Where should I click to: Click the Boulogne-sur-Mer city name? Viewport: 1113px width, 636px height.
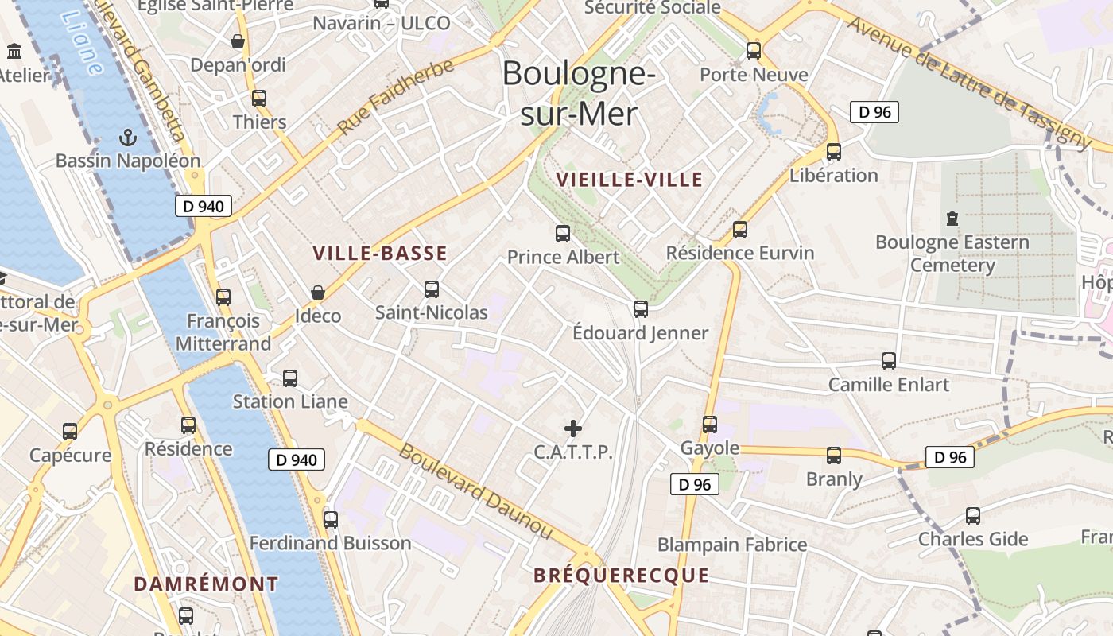[579, 94]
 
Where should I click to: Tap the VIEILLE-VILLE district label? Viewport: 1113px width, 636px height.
[630, 180]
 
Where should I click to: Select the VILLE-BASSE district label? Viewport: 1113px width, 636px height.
[380, 254]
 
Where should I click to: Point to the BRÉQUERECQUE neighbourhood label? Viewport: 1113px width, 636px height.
[621, 576]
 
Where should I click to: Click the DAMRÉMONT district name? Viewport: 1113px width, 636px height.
[206, 584]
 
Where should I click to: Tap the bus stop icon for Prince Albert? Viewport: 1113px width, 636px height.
[563, 234]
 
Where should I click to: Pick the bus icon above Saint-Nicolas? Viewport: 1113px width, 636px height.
[432, 289]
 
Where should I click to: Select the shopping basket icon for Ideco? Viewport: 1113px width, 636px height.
[318, 293]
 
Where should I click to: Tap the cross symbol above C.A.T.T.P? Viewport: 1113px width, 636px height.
[573, 429]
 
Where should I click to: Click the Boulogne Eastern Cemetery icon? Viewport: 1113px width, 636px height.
[952, 218]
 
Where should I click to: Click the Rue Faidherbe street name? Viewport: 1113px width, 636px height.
[395, 96]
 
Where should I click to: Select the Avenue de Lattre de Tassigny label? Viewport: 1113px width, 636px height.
[970, 82]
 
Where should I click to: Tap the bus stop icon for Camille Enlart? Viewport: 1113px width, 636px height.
[889, 361]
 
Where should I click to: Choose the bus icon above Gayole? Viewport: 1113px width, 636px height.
[710, 425]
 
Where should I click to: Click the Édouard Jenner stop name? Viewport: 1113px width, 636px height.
[640, 333]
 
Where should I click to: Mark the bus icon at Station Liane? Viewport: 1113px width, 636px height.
[290, 378]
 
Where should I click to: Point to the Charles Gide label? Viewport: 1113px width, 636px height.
[973, 539]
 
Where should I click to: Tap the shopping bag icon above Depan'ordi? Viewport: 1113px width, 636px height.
[238, 41]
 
